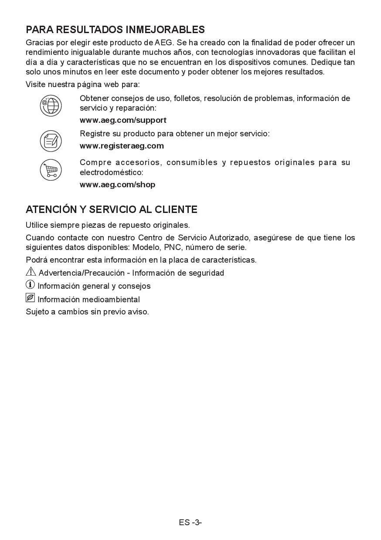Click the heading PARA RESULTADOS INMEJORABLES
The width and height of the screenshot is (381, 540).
pos(115,30)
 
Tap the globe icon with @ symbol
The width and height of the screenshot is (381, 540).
pos(51,106)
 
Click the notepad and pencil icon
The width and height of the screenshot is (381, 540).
pos(51,140)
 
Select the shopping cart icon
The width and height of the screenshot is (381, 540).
pos(51,169)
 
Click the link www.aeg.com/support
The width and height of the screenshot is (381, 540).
pos(123,120)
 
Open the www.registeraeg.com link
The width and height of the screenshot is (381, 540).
pos(122,146)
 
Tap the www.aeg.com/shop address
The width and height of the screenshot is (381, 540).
pos(117,185)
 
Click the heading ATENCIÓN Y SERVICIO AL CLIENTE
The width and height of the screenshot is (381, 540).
pos(112,209)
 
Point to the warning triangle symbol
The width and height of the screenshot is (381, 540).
pos(31,272)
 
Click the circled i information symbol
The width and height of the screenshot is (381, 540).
pos(30,285)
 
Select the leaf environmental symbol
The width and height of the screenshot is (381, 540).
pos(30,298)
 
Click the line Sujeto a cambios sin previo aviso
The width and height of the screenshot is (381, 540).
pos(87,312)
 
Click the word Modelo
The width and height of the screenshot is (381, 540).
pos(146,247)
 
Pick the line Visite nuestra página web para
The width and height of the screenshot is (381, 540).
pos(82,84)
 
